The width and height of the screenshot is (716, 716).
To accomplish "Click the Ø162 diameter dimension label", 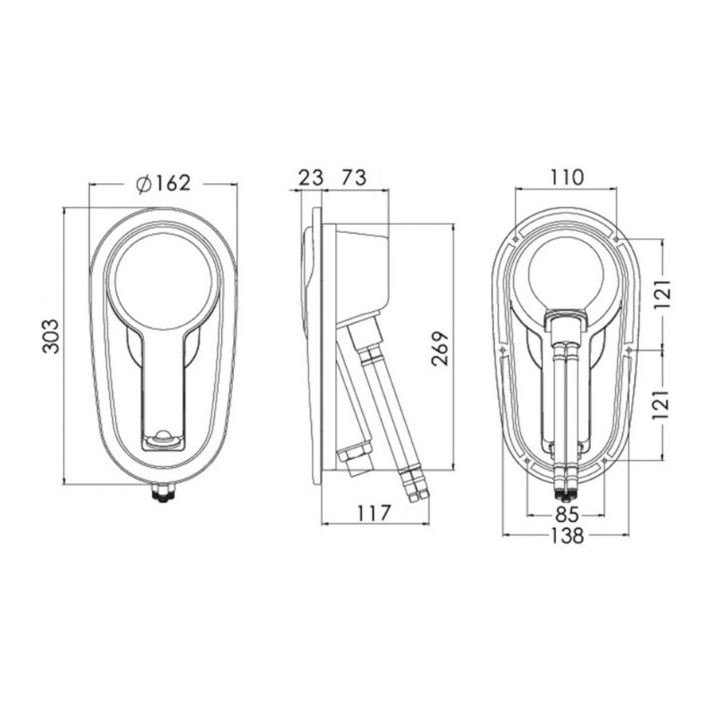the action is pos(163,184).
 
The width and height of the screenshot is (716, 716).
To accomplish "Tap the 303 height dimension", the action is pos(52,336).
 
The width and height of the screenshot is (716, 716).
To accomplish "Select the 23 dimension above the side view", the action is pos(310,177).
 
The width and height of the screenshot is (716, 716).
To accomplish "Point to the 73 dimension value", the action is pos(354,177).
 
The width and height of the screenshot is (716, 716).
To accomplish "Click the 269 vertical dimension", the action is pos(441,348).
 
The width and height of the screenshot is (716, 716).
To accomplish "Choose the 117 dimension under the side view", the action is pos(375,513).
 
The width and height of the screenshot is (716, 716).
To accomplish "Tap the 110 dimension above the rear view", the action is pos(566,177).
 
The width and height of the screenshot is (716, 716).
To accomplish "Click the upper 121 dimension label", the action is pos(663,294).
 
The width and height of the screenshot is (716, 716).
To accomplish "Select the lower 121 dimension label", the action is pos(663,405).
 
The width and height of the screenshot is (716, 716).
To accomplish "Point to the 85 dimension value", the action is pos(566,515).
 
